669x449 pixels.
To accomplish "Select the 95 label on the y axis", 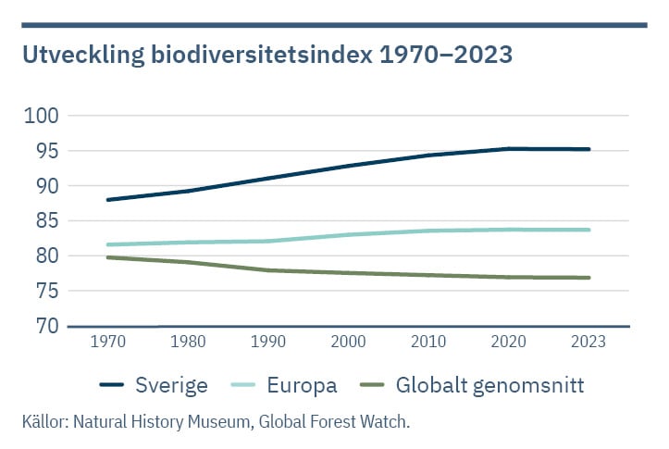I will tap(44, 151).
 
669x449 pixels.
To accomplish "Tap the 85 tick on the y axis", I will tap(44, 221).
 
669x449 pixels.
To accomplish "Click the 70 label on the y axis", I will tap(44, 326).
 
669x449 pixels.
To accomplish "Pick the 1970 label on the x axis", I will tap(108, 343).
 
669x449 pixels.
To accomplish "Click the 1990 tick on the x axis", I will tap(268, 343).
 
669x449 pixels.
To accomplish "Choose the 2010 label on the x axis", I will tap(428, 343).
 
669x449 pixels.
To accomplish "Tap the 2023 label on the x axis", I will tap(588, 343).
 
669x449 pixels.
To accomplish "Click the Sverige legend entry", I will tap(155, 385).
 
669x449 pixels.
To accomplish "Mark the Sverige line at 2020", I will tap(508, 148).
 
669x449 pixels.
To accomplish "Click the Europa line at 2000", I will tap(348, 234).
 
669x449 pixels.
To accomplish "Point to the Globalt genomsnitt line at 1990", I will tap(268, 270).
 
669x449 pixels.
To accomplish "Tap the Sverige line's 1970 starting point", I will tap(108, 199).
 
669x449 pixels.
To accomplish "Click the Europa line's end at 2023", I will tap(588, 230).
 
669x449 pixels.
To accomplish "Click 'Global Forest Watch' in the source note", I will tap(333, 422).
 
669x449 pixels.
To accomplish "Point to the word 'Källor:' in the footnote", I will tap(44, 422).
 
